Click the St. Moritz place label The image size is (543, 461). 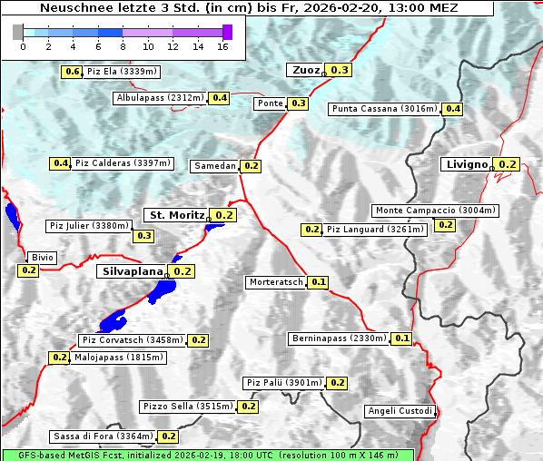[x=176, y=215]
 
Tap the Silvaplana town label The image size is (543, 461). [x=132, y=270]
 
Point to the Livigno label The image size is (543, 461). [x=467, y=164]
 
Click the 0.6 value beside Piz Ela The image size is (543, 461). [x=72, y=72]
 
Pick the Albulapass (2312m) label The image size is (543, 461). [x=160, y=98]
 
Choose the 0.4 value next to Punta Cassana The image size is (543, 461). [x=452, y=109]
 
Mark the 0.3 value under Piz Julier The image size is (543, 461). [x=143, y=236]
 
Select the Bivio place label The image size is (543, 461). [x=43, y=258]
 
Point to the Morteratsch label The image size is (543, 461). [x=276, y=282]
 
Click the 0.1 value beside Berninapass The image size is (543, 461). [x=402, y=338]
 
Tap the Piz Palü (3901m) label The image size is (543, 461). [x=283, y=383]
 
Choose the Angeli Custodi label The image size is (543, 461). [x=400, y=411]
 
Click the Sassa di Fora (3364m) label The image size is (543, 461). [x=103, y=436]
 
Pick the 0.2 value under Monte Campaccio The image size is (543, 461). [x=445, y=225]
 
